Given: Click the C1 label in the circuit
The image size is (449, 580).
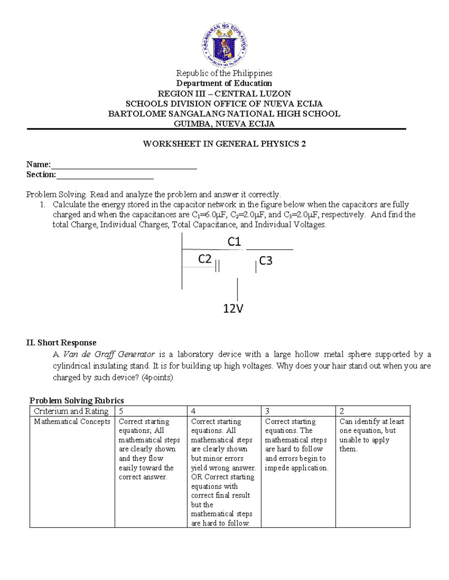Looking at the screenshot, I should [234, 242].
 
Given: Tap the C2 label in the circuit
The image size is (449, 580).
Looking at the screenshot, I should [205, 259].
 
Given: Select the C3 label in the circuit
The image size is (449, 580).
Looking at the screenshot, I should [266, 261].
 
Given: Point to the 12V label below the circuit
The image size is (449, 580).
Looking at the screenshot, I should [233, 308].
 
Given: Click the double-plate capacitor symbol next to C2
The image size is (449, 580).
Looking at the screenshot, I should [217, 266].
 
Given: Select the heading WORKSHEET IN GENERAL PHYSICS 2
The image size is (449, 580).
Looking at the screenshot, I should [224, 144].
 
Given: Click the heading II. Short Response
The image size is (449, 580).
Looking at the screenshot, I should [61, 342].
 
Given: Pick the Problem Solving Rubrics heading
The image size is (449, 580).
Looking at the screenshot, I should [77, 400].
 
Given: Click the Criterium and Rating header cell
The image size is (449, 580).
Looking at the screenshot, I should [71, 411].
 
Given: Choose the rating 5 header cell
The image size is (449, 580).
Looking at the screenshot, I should [150, 411].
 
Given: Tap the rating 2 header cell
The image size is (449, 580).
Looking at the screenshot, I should [372, 411].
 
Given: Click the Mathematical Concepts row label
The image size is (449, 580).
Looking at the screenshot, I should [72, 422].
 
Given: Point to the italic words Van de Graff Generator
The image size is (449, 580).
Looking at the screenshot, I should [109, 354].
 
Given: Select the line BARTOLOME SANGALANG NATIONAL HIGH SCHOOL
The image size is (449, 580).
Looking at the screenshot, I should [224, 114].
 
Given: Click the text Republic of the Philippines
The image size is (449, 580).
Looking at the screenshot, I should [224, 73].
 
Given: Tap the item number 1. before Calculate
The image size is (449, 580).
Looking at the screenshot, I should [43, 205].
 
